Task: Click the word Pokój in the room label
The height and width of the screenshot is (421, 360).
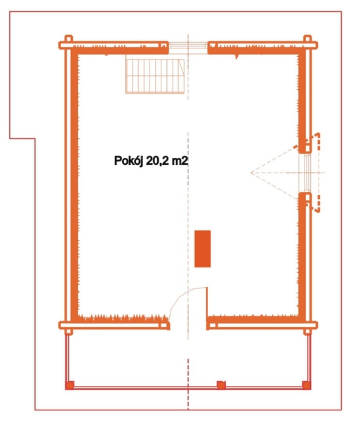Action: click(128, 161)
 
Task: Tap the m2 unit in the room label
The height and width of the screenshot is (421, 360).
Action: click(180, 161)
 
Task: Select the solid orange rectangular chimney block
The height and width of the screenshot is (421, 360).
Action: click(202, 248)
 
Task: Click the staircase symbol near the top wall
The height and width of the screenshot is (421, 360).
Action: click(155, 76)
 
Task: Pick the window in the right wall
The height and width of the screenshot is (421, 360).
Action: click(305, 173)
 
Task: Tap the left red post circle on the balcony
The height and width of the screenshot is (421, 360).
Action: click(69, 385)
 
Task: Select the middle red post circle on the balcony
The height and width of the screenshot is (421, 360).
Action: click(221, 385)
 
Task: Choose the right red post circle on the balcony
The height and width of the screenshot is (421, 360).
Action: click(306, 385)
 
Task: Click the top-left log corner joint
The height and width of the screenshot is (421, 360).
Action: click(69, 45)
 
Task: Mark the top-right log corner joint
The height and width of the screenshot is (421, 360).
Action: click(307, 45)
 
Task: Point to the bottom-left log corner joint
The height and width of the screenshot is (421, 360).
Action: click(69, 326)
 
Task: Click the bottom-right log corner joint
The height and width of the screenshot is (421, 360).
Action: click(307, 326)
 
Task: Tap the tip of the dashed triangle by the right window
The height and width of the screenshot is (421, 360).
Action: click(251, 173)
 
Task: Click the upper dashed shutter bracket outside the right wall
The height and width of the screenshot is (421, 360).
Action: click(314, 140)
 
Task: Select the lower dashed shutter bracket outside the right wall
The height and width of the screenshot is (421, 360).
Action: click(314, 204)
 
